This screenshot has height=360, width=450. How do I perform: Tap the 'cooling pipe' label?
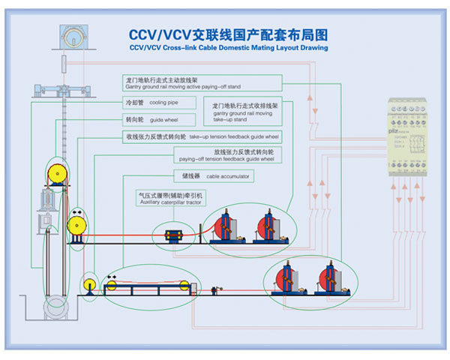pyautogui.click(x=160, y=101)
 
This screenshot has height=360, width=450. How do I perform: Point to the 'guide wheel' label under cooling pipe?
pyautogui.click(x=157, y=118)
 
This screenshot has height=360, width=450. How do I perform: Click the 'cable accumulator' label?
pyautogui.click(x=217, y=176)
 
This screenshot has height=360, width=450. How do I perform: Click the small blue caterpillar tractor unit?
pyautogui.click(x=179, y=235)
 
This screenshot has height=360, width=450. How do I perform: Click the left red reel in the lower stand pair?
pyautogui.click(x=288, y=279)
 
